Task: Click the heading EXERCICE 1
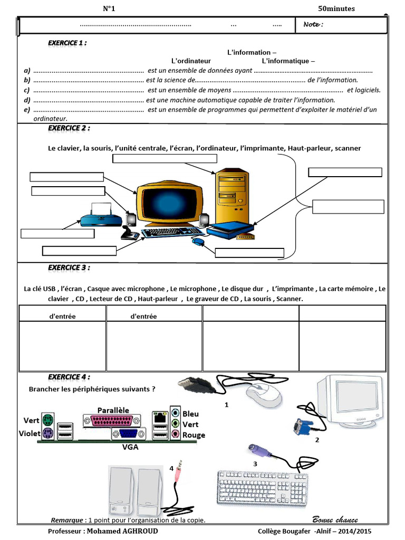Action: tap(67, 43)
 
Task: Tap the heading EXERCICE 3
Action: tap(69, 267)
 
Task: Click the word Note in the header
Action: tap(313, 24)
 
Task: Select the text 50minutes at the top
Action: tap(336, 8)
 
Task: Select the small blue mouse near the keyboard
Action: tap(198, 242)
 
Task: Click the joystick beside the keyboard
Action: tap(128, 232)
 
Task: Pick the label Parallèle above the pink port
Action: tap(113, 410)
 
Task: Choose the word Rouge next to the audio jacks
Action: tap(194, 435)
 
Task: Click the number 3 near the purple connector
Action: tap(255, 464)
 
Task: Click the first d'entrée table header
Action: tap(62, 316)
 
